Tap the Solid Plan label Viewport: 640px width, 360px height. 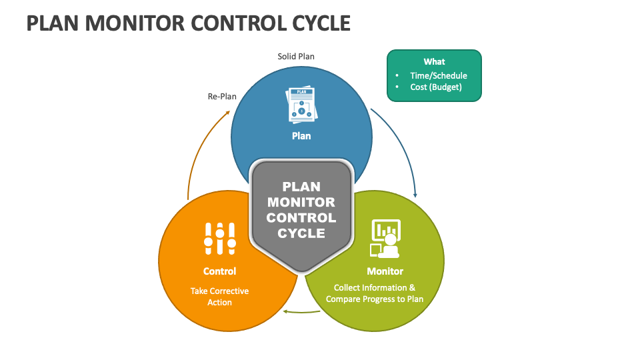pyautogui.click(x=296, y=57)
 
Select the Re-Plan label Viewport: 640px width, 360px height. pyautogui.click(x=222, y=97)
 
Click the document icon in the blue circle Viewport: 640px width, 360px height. pyautogui.click(x=301, y=105)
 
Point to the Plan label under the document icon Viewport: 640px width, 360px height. pyautogui.click(x=301, y=136)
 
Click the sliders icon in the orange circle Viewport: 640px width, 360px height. pyautogui.click(x=219, y=239)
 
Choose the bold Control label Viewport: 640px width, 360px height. pyautogui.click(x=219, y=271)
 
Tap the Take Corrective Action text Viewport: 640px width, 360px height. pyautogui.click(x=219, y=297)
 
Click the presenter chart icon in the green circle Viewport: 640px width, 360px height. pyautogui.click(x=385, y=239)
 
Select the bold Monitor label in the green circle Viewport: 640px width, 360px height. pyautogui.click(x=385, y=271)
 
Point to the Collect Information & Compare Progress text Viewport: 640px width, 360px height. pyautogui.click(x=375, y=293)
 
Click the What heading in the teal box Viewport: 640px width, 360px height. pyautogui.click(x=434, y=62)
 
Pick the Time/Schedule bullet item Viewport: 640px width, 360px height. pyautogui.click(x=439, y=75)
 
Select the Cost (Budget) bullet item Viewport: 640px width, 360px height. pyautogui.click(x=436, y=87)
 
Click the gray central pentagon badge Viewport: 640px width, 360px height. pyautogui.click(x=301, y=213)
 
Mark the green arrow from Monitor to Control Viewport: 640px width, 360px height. pyautogui.click(x=293, y=311)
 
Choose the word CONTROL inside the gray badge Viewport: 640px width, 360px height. pyautogui.click(x=301, y=218)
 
